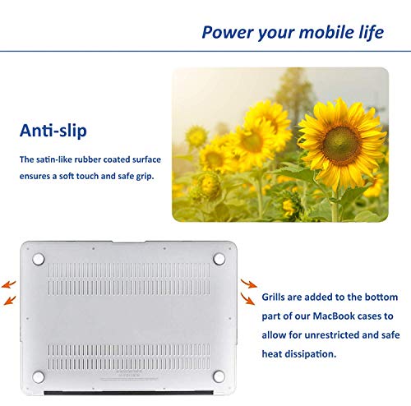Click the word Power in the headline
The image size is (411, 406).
227,32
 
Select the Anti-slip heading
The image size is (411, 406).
53,131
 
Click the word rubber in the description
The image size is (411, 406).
87,159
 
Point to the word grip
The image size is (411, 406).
145,177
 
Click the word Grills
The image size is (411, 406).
273,297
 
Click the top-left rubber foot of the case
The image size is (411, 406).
39,259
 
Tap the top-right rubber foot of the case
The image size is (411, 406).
219,259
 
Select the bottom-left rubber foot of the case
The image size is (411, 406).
39,377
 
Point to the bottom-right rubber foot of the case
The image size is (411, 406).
219,376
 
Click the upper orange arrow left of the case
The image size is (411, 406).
9,284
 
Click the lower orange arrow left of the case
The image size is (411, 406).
10,300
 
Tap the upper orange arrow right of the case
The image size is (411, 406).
249,284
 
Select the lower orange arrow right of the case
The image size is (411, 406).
247,299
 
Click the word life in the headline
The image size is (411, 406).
372,32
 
